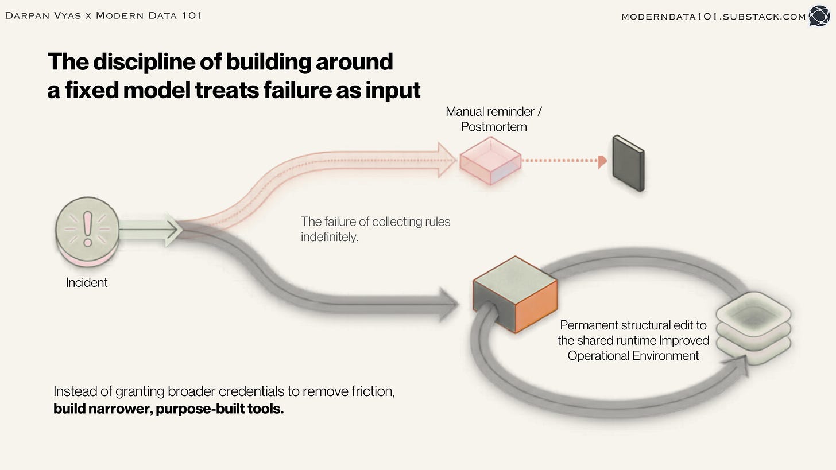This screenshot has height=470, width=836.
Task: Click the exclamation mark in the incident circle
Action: pyautogui.click(x=88, y=229)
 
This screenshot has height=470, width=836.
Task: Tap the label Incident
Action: pyautogui.click(x=87, y=283)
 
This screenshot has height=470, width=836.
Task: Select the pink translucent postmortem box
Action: pyautogui.click(x=490, y=161)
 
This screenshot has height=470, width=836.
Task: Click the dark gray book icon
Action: pyautogui.click(x=629, y=164)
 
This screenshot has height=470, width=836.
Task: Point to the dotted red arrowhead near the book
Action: pyautogui.click(x=602, y=161)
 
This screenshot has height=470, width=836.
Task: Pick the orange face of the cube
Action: pyautogui.click(x=536, y=306)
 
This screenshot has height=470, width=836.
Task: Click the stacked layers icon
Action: pyautogui.click(x=753, y=328)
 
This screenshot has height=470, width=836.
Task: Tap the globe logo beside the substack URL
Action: pyautogui.click(x=819, y=16)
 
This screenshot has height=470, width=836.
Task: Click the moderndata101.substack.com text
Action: pyautogui.click(x=714, y=17)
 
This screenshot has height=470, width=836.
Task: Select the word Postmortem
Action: pyautogui.click(x=494, y=127)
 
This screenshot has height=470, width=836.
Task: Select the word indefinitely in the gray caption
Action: pyautogui.click(x=330, y=237)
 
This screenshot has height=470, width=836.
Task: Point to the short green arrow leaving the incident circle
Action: pyautogui.click(x=150, y=230)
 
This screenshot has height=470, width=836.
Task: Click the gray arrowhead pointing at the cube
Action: pyautogui.click(x=449, y=305)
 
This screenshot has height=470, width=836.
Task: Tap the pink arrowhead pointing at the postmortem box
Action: pyautogui.click(x=447, y=160)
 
